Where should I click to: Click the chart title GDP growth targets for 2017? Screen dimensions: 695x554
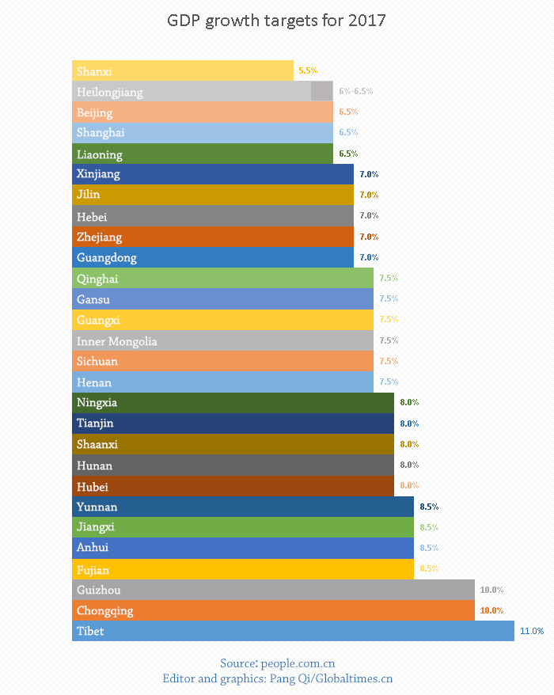pyautogui.click(x=276, y=21)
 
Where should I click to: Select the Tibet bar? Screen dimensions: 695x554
pyautogui.click(x=293, y=631)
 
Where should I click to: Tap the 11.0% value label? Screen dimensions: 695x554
pyautogui.click(x=532, y=631)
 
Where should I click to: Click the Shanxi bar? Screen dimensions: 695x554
pyautogui.click(x=182, y=71)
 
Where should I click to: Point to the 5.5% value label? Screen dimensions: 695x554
pyautogui.click(x=308, y=71)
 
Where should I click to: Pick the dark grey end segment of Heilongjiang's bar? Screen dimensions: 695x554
pyautogui.click(x=322, y=92)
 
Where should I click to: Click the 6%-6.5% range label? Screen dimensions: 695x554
pyautogui.click(x=355, y=92)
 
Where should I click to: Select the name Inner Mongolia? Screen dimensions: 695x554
pyautogui.click(x=117, y=341)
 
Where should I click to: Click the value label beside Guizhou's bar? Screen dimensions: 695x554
pyautogui.click(x=491, y=590)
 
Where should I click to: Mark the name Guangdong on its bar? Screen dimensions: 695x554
pyautogui.click(x=107, y=257)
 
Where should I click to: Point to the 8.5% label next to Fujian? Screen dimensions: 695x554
pyautogui.click(x=429, y=568)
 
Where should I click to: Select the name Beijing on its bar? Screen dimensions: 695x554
pyautogui.click(x=95, y=112)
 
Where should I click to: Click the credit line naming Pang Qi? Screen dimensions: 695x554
pyautogui.click(x=277, y=678)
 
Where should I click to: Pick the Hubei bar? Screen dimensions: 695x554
pyautogui.click(x=233, y=486)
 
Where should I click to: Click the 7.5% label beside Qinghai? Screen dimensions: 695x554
pyautogui.click(x=389, y=279)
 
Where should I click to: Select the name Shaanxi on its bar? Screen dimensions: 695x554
pyautogui.click(x=97, y=444)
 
